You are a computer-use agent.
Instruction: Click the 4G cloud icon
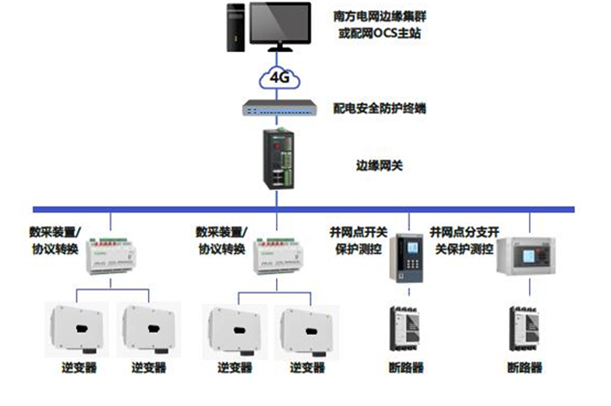click(x=279, y=78)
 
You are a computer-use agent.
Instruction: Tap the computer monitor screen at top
click(x=281, y=23)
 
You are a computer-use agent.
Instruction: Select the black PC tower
click(x=235, y=27)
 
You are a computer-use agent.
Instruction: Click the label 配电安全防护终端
click(x=379, y=108)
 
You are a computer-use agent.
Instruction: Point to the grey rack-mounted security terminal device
click(x=279, y=108)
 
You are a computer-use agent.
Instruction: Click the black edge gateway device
click(x=278, y=159)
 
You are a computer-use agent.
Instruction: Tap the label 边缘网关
click(x=379, y=165)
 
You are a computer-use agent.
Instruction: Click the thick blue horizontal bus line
click(x=304, y=209)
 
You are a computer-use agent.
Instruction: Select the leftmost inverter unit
click(x=76, y=329)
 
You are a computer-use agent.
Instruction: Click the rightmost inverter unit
click(x=307, y=332)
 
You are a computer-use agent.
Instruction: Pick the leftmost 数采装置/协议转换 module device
click(x=111, y=256)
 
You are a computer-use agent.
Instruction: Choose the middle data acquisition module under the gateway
click(x=277, y=256)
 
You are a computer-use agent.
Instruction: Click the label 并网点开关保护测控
click(x=358, y=240)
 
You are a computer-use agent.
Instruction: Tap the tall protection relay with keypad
click(x=407, y=259)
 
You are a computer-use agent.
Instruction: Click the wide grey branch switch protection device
click(x=526, y=256)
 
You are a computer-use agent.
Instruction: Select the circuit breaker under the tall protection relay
click(x=405, y=329)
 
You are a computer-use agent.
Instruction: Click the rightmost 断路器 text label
click(x=524, y=367)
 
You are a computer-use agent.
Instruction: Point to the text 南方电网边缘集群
click(x=380, y=16)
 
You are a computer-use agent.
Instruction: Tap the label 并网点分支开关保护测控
click(x=464, y=240)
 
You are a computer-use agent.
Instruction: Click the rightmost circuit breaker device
click(x=524, y=329)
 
